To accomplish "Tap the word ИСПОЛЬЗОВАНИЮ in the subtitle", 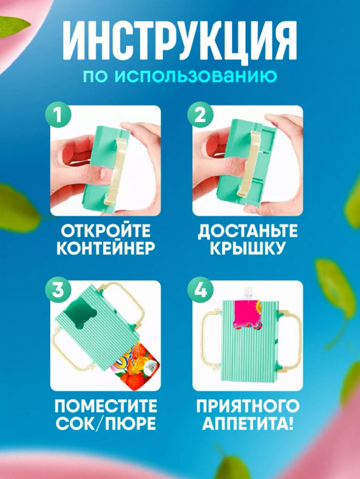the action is [x=196, y=76].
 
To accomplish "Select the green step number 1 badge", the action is [x=58, y=116].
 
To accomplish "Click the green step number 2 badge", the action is [x=200, y=116].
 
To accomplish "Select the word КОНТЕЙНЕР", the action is [x=106, y=248].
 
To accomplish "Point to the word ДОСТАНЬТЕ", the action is [x=247, y=231].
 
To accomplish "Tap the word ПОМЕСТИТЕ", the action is [x=106, y=406].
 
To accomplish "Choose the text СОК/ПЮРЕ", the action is [x=106, y=423].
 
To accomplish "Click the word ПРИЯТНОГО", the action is [x=247, y=406].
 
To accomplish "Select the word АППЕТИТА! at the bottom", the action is [x=247, y=423].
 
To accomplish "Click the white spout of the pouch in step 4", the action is [x=248, y=294].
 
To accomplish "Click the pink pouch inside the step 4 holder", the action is [x=248, y=315].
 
